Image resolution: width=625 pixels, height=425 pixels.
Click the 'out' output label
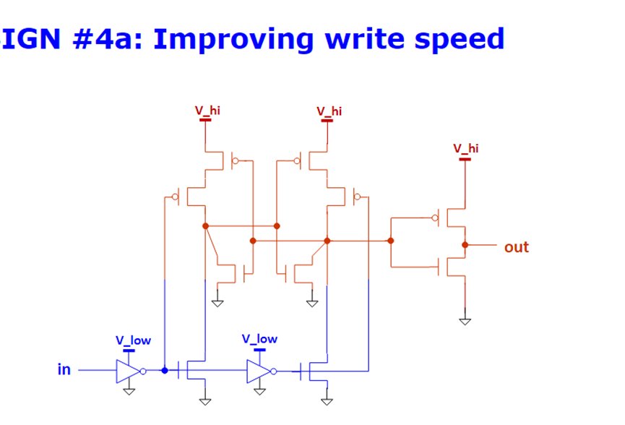click(516, 247)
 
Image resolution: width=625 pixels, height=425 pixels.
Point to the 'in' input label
click(64, 369)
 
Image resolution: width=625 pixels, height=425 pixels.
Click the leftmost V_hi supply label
click(207, 111)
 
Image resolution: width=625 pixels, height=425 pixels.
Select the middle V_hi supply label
click(329, 111)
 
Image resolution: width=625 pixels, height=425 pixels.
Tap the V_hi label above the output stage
click(465, 148)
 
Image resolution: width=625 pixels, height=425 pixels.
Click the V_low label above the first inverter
click(133, 340)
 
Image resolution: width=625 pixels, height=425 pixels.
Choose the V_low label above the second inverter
click(259, 338)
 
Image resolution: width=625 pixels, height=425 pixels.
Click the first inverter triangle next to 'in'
click(128, 370)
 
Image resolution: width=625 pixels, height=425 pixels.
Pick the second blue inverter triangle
click(258, 371)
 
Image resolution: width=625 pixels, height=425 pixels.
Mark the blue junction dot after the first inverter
click(165, 370)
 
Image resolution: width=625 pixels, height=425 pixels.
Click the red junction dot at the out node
click(465, 244)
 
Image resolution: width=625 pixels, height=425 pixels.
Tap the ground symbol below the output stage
click(465, 320)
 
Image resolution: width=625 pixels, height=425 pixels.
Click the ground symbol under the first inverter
click(129, 391)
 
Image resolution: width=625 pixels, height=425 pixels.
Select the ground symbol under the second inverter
click(259, 391)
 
